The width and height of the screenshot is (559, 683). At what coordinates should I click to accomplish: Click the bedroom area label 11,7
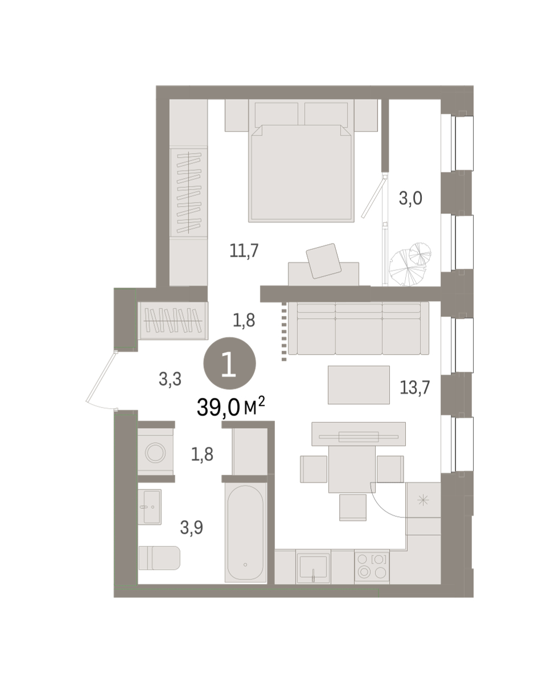(244, 250)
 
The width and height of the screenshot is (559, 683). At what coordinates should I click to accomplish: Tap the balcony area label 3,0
(410, 198)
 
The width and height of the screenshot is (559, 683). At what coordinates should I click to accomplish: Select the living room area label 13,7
(414, 388)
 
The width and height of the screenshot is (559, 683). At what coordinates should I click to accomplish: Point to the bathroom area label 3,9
(191, 528)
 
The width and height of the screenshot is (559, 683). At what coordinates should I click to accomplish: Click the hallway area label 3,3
(170, 379)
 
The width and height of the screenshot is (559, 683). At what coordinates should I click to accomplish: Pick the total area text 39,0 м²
(231, 407)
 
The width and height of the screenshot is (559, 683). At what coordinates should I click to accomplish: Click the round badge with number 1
(229, 363)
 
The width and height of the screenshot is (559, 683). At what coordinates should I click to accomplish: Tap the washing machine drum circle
(155, 452)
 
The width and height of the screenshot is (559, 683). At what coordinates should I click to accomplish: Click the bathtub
(245, 532)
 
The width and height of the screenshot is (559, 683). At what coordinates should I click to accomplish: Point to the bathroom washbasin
(150, 507)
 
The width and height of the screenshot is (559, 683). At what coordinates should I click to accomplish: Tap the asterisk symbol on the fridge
(423, 500)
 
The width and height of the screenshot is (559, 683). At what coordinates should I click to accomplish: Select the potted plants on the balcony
(410, 264)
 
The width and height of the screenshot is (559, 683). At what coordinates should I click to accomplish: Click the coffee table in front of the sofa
(359, 385)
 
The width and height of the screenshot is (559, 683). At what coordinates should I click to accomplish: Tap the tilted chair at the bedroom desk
(323, 261)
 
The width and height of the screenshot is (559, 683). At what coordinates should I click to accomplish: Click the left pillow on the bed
(276, 114)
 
